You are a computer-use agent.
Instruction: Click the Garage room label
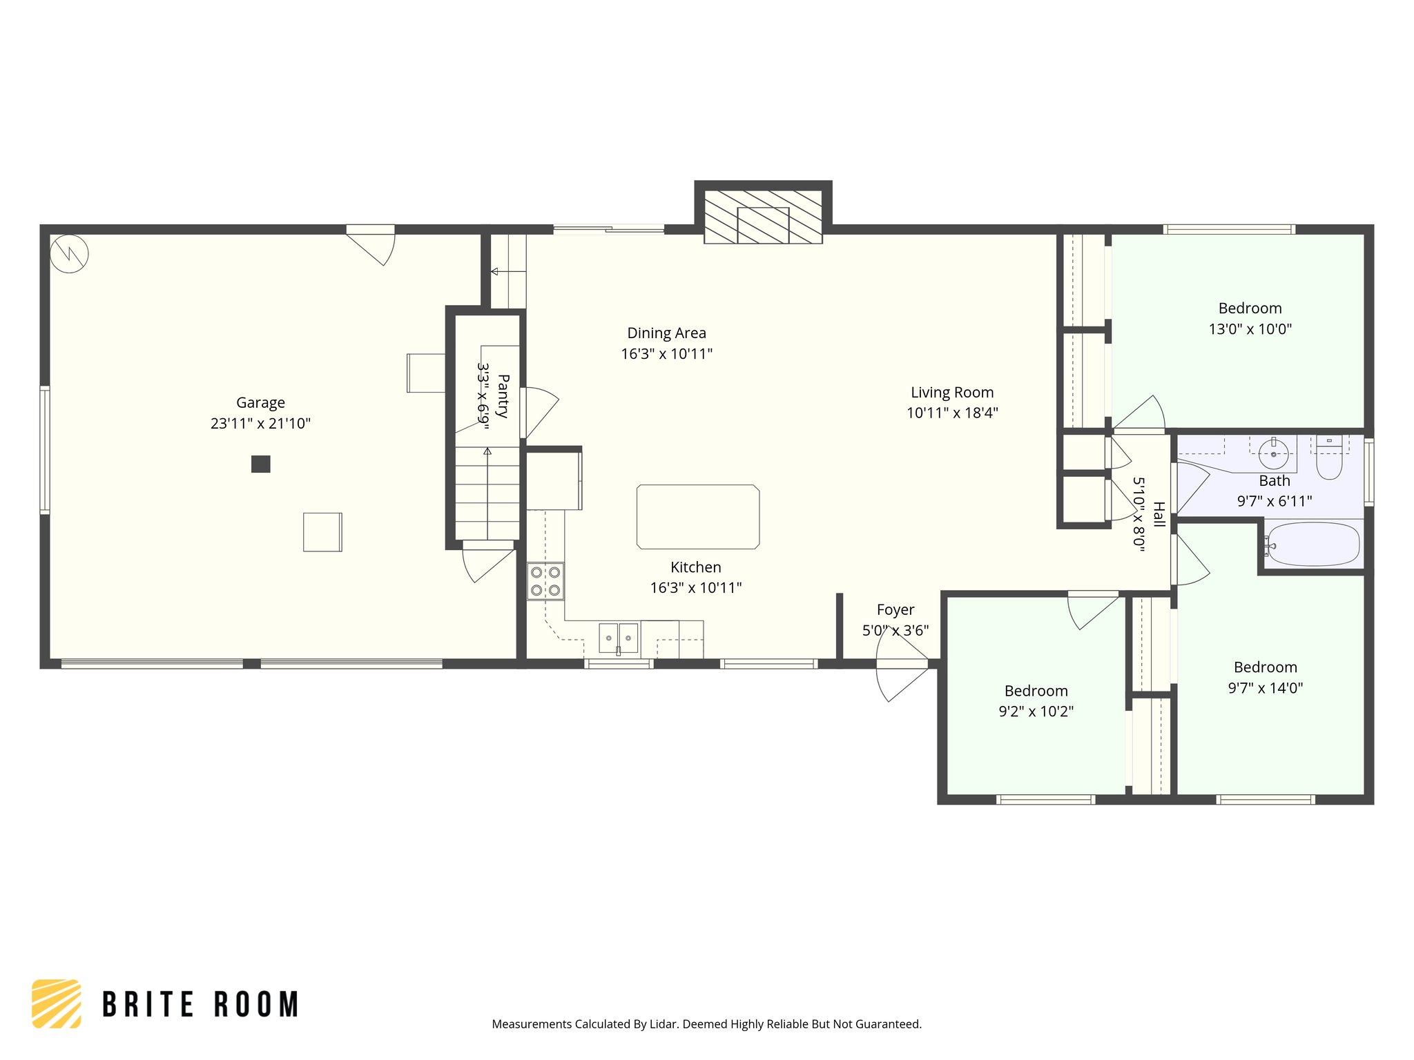(260, 403)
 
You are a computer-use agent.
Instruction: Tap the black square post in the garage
(260, 464)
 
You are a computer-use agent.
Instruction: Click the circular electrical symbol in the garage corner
(69, 254)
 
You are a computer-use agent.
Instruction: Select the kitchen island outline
(697, 517)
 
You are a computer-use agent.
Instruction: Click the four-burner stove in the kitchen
(545, 581)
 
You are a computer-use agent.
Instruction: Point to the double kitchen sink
(618, 638)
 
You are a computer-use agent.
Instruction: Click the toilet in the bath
(1329, 459)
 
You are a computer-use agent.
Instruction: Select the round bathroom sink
(1274, 454)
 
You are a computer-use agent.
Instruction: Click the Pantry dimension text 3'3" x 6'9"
(483, 396)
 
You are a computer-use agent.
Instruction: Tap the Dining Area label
(666, 333)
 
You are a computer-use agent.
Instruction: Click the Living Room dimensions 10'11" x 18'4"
(952, 413)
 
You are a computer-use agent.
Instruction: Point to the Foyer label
(895, 610)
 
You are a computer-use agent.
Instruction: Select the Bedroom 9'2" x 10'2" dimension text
(1036, 711)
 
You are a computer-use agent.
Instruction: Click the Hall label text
(1159, 514)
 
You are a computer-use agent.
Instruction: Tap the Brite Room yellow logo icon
(57, 1003)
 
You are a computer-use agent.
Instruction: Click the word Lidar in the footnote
(664, 1024)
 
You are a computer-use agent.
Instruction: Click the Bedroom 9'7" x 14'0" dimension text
(1265, 688)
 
